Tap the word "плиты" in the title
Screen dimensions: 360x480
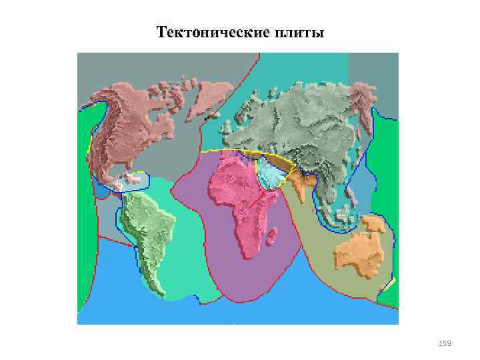pyautogui.click(x=299, y=32)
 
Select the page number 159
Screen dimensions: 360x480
pyautogui.click(x=445, y=343)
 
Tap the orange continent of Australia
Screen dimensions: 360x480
pyautogui.click(x=360, y=253)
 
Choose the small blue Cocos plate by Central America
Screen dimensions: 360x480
pyautogui.click(x=100, y=192)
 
